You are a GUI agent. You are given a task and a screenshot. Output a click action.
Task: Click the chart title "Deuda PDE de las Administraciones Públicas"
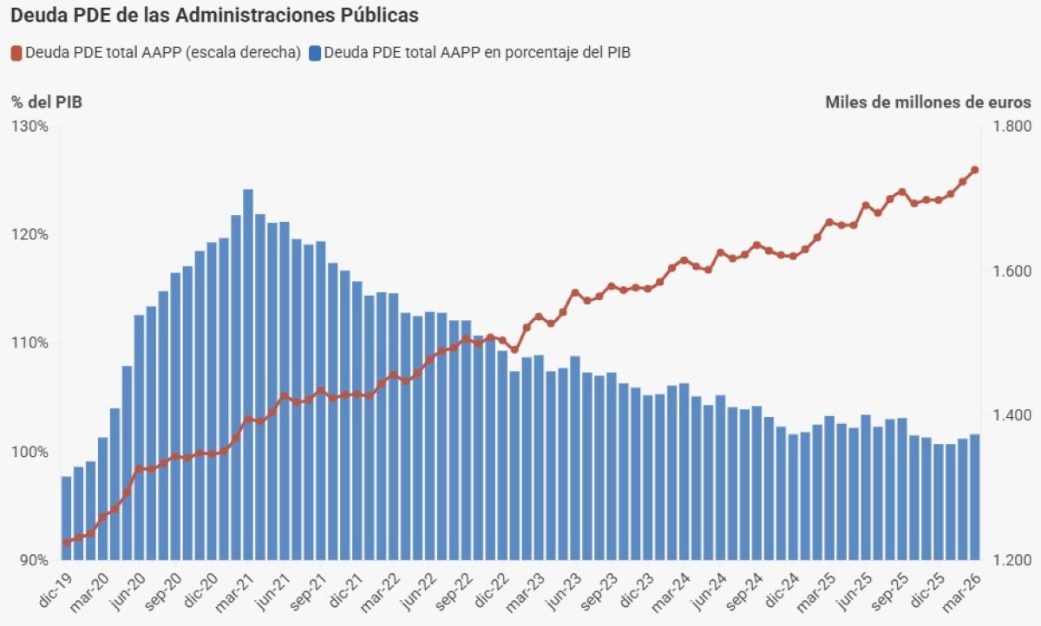[x=215, y=16]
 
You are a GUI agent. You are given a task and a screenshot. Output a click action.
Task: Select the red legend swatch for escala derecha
[x=16, y=54]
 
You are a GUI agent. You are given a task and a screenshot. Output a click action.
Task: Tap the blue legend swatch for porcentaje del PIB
[x=315, y=54]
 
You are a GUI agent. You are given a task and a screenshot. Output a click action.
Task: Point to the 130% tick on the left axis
[x=29, y=127]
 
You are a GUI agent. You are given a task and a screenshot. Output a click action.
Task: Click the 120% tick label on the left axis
[x=29, y=234]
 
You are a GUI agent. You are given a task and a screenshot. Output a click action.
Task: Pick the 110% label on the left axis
[x=29, y=343]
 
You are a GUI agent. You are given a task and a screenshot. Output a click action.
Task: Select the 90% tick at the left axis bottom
[x=33, y=560]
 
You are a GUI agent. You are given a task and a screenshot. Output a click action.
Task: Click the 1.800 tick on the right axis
[x=1012, y=127]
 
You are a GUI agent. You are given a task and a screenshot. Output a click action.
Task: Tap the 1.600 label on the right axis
[x=1012, y=271]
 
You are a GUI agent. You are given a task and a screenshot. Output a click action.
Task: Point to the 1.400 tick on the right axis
[x=1012, y=415]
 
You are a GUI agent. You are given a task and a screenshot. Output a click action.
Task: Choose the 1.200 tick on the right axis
[x=1012, y=560]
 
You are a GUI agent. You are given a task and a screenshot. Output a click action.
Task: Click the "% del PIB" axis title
[x=47, y=102]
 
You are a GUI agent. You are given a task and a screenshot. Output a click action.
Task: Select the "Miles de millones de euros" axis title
[x=928, y=102]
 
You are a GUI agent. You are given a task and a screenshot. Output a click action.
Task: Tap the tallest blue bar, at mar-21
[x=248, y=375]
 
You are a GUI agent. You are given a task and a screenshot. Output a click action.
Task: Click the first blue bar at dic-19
[x=67, y=518]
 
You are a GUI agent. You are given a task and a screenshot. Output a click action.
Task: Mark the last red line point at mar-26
[x=975, y=170]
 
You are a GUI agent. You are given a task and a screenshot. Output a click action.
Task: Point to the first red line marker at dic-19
[x=67, y=542]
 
